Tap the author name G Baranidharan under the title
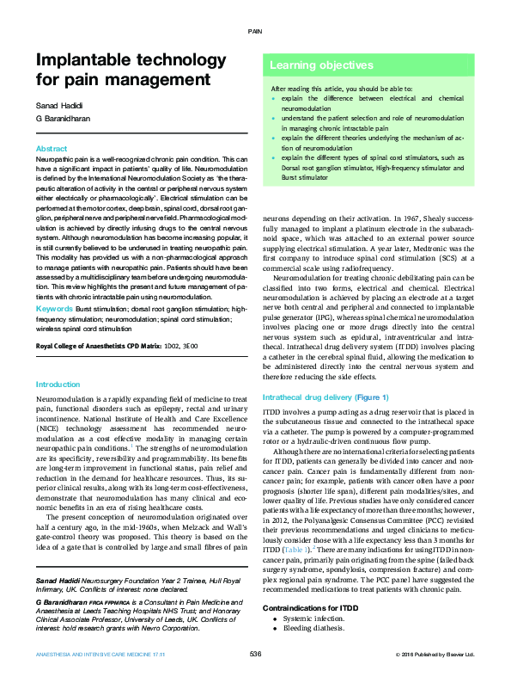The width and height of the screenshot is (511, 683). pos(64,120)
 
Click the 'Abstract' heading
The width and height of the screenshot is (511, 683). pos(52,149)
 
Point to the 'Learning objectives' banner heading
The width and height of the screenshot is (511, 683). pos(314,65)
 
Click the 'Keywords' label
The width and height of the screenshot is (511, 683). pos(55,307)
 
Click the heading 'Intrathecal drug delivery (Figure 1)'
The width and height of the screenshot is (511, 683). pos(325,397)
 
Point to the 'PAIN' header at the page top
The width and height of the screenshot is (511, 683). pos(255,31)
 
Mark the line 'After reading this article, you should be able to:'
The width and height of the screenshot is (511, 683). pos(342,89)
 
